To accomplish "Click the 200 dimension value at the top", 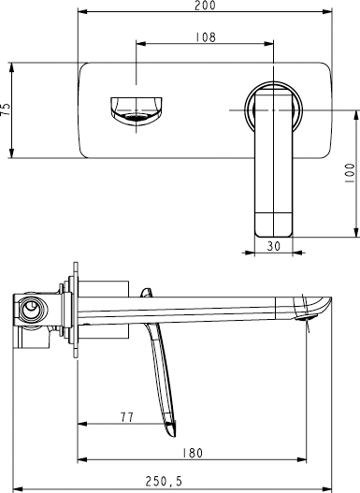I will pos(205,6).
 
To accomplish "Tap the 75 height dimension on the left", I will pos(7,109).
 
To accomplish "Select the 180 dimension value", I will pos(191,453).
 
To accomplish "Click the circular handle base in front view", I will pos(273,109).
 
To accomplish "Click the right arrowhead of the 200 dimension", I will pos(329,13).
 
